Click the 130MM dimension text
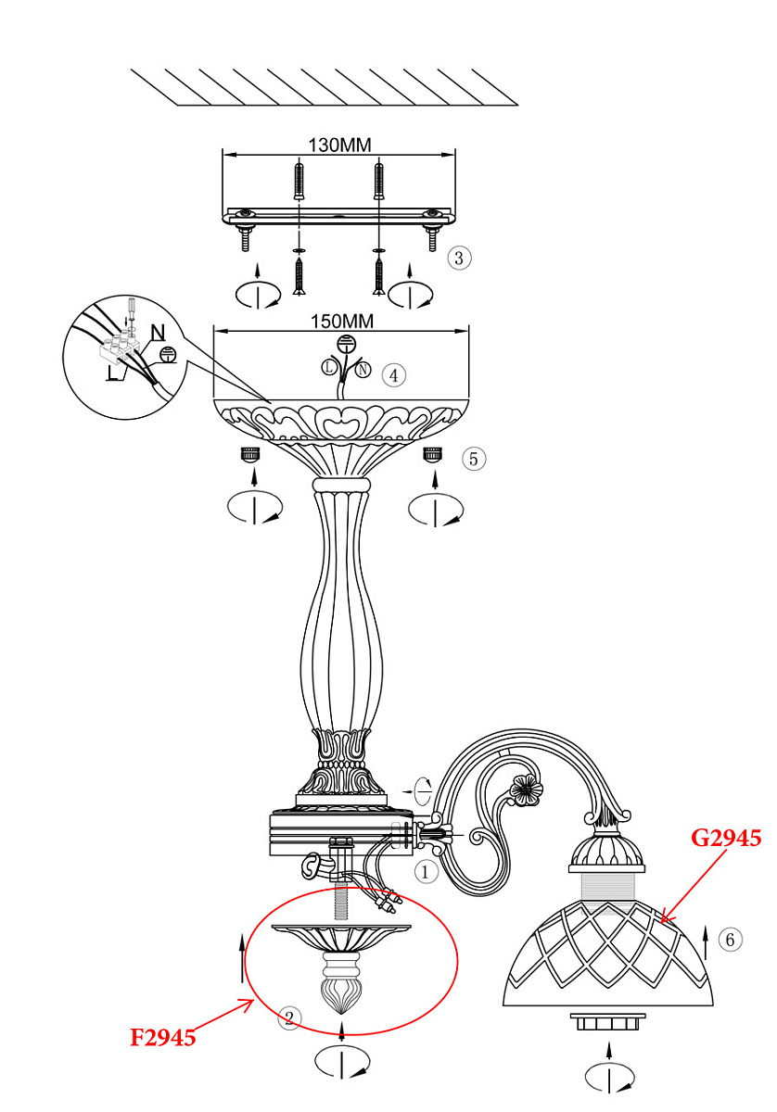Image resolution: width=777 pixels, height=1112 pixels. (x=338, y=145)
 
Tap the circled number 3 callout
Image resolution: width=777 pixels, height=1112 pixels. (x=458, y=258)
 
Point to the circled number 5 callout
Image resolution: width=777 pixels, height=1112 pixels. (x=474, y=458)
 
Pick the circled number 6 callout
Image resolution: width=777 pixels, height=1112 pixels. (x=732, y=940)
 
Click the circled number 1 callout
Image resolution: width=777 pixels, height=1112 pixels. (x=425, y=872)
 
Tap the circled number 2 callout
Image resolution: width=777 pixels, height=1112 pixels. (x=289, y=1018)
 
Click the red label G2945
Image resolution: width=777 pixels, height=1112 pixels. (x=726, y=839)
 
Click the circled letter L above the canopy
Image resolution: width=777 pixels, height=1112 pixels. (x=329, y=368)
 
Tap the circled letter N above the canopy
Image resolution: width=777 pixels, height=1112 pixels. (x=363, y=371)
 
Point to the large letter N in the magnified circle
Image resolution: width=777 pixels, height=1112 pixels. (x=158, y=332)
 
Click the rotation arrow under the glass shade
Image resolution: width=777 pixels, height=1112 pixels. (x=609, y=1076)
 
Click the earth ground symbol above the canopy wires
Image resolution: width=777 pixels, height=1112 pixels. (x=345, y=344)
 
